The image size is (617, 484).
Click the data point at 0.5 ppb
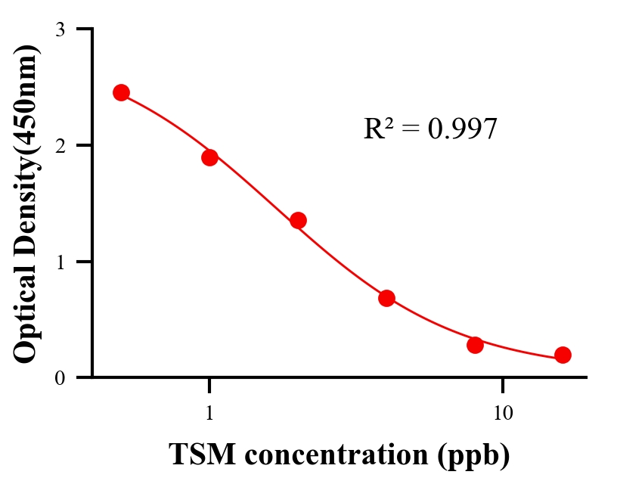point(121,92)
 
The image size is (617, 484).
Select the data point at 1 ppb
point(209,157)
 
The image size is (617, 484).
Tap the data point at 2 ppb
point(298,220)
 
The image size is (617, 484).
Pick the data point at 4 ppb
point(386,298)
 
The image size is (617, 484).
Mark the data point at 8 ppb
point(475,345)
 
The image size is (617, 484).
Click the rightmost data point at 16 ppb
point(563,355)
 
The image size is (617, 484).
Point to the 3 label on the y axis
point(60,29)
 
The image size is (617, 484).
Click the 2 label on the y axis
point(60,145)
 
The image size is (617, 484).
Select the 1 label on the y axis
point(60,262)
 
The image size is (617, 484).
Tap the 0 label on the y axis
point(60,377)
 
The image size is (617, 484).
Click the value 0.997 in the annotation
point(462,129)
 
